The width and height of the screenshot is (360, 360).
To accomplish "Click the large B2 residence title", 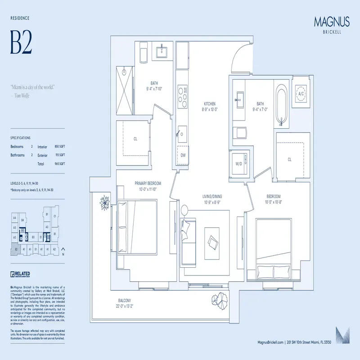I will [x=21, y=43].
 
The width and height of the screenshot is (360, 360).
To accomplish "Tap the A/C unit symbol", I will [x=301, y=93].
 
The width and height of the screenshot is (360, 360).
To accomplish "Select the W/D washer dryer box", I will [x=238, y=164].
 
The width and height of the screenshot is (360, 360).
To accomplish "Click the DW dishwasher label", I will [x=183, y=155].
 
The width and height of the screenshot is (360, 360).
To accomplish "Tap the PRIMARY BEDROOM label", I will [x=148, y=184].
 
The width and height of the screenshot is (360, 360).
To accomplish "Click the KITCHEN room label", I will [x=209, y=103].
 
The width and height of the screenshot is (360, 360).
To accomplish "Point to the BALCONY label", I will [x=125, y=301].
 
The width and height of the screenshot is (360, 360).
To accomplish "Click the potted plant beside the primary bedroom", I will [x=105, y=202].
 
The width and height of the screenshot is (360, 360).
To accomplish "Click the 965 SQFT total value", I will [x=59, y=164].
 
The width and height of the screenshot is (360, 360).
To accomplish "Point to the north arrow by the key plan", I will [x=63, y=251].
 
